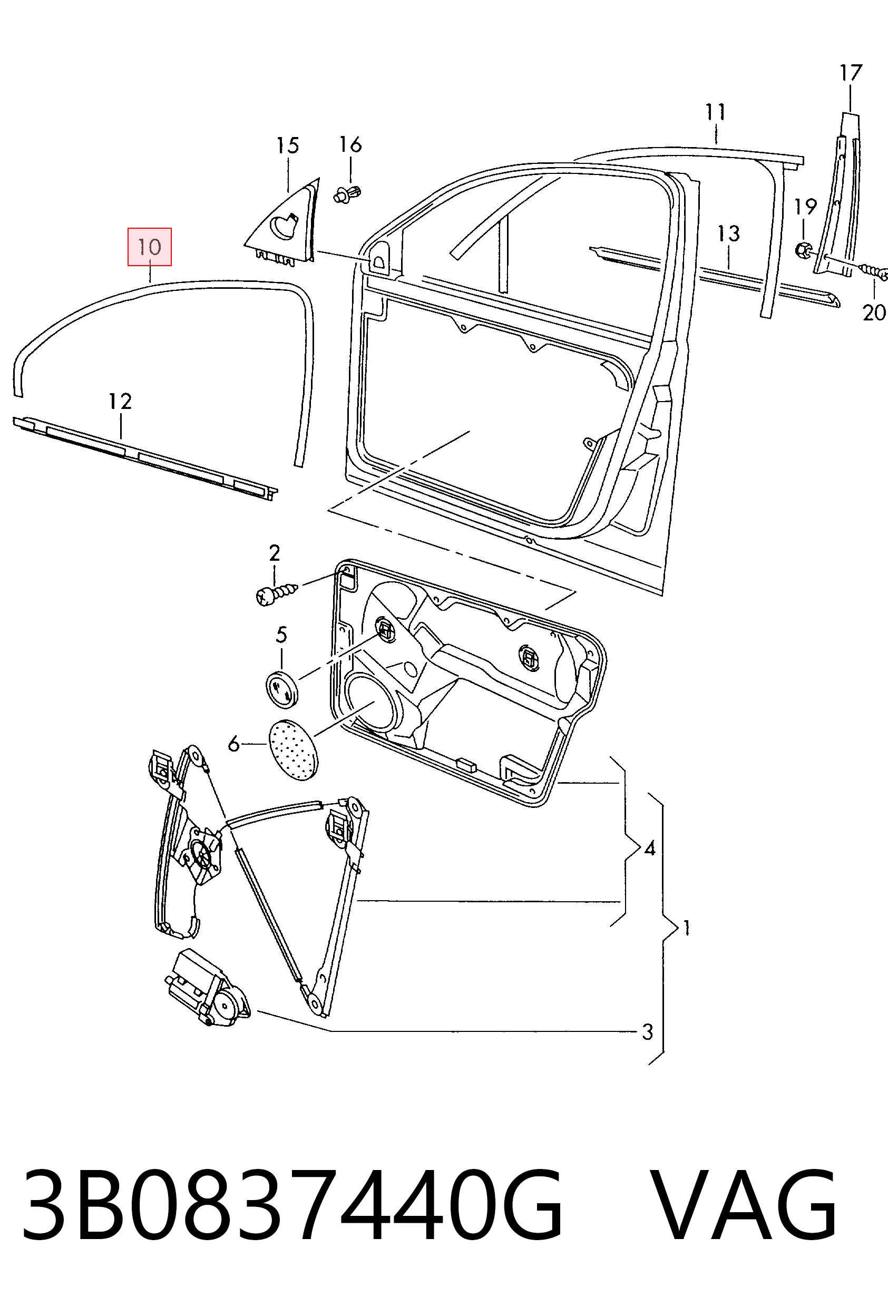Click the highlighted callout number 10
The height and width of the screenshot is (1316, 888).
tap(150, 247)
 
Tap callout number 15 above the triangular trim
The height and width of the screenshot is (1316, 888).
tap(288, 145)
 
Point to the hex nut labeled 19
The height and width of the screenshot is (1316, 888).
tap(803, 249)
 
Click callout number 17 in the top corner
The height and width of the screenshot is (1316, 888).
tap(851, 73)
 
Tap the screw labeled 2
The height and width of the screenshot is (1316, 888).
tap(276, 592)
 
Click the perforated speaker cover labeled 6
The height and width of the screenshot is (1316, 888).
tap(293, 750)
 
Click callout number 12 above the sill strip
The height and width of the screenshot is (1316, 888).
tap(120, 401)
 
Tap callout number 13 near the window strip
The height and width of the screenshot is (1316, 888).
tap(729, 233)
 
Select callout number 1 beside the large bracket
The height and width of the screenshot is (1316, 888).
tap(686, 928)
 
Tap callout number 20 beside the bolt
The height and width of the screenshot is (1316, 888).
tap(873, 312)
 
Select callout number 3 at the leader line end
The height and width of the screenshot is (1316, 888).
tap(647, 1032)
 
